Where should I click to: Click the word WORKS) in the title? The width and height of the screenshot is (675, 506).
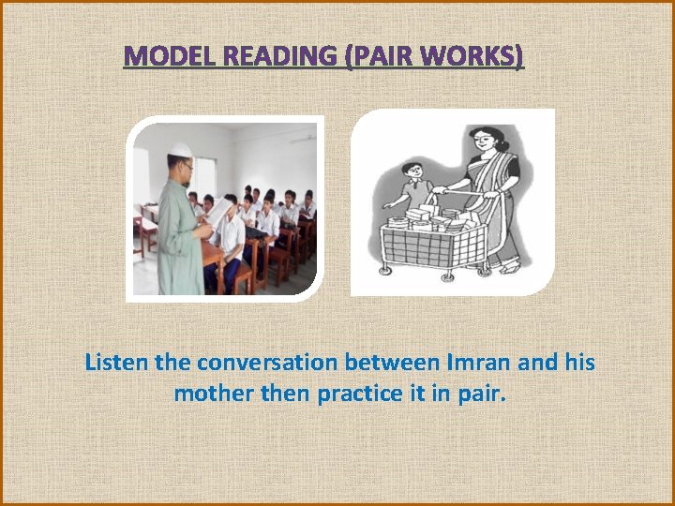coord(473,57)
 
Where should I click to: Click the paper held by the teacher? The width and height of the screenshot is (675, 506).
coord(217,214)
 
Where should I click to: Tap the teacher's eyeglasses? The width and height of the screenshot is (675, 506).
coord(187,166)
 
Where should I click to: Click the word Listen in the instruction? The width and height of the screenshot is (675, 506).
coord(112,363)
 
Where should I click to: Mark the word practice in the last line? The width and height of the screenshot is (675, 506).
coord(356,394)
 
